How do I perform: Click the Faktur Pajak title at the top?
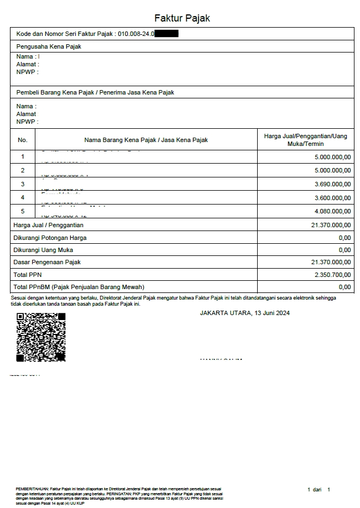coord(182,18)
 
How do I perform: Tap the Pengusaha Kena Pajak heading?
coord(49,47)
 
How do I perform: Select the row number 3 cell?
coord(23,184)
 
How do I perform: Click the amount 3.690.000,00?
coord(332,184)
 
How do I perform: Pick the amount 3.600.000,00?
coord(332,198)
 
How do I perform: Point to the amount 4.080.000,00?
coord(332,211)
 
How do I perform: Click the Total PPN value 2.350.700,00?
coord(332,275)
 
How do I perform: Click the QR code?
coord(41,337)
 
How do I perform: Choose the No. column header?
coord(23,140)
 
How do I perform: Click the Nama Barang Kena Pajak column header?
coord(146,140)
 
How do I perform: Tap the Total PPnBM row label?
coord(79,287)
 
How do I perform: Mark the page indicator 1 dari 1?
coord(319,490)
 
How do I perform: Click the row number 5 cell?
coord(23,211)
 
